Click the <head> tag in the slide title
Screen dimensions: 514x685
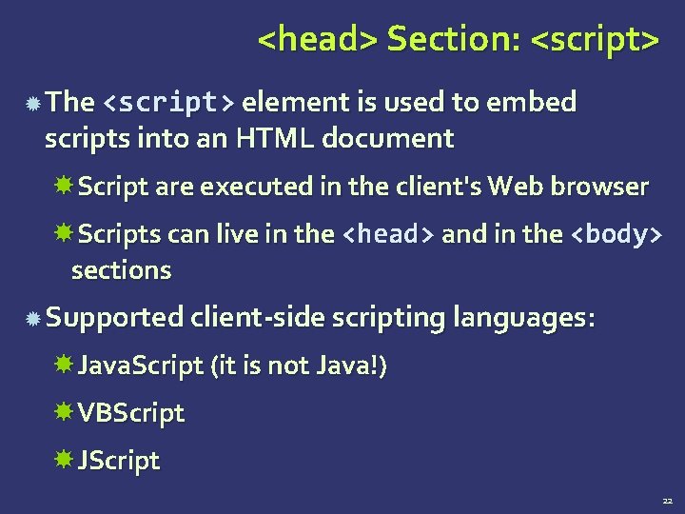click(x=318, y=40)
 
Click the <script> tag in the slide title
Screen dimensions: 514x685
click(x=594, y=40)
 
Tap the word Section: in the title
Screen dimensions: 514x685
click(x=453, y=40)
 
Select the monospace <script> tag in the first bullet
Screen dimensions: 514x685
click(x=170, y=102)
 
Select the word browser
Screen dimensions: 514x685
click(x=604, y=187)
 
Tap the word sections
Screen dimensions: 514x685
click(x=121, y=270)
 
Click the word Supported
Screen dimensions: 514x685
click(x=113, y=318)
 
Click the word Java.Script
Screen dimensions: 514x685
click(x=140, y=366)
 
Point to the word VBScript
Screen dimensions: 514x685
click(x=131, y=413)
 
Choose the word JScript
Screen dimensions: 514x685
click(x=119, y=461)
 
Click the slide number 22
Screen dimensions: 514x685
click(x=667, y=500)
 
